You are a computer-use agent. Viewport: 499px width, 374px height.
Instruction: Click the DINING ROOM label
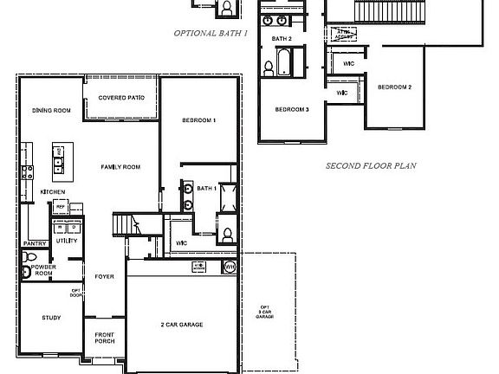50,111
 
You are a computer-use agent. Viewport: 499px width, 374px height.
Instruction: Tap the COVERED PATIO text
120,98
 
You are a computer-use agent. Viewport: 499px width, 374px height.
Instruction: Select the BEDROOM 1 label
198,119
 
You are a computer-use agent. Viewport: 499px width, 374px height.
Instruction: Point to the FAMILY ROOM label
120,167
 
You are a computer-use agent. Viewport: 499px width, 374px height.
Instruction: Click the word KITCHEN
53,191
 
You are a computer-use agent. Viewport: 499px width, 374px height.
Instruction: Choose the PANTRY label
35,244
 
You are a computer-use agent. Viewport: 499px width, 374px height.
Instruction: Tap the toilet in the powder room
27,273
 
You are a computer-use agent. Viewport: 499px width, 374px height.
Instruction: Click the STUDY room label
51,318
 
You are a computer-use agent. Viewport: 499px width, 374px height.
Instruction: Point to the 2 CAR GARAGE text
182,325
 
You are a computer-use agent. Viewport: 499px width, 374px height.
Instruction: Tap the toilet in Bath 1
226,234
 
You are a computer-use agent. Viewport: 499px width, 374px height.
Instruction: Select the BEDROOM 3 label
292,110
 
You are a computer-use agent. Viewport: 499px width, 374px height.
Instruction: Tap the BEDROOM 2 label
394,87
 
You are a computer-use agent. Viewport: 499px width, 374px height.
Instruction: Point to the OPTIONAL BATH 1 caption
211,33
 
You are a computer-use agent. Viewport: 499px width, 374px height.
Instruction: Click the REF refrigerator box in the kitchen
60,207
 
